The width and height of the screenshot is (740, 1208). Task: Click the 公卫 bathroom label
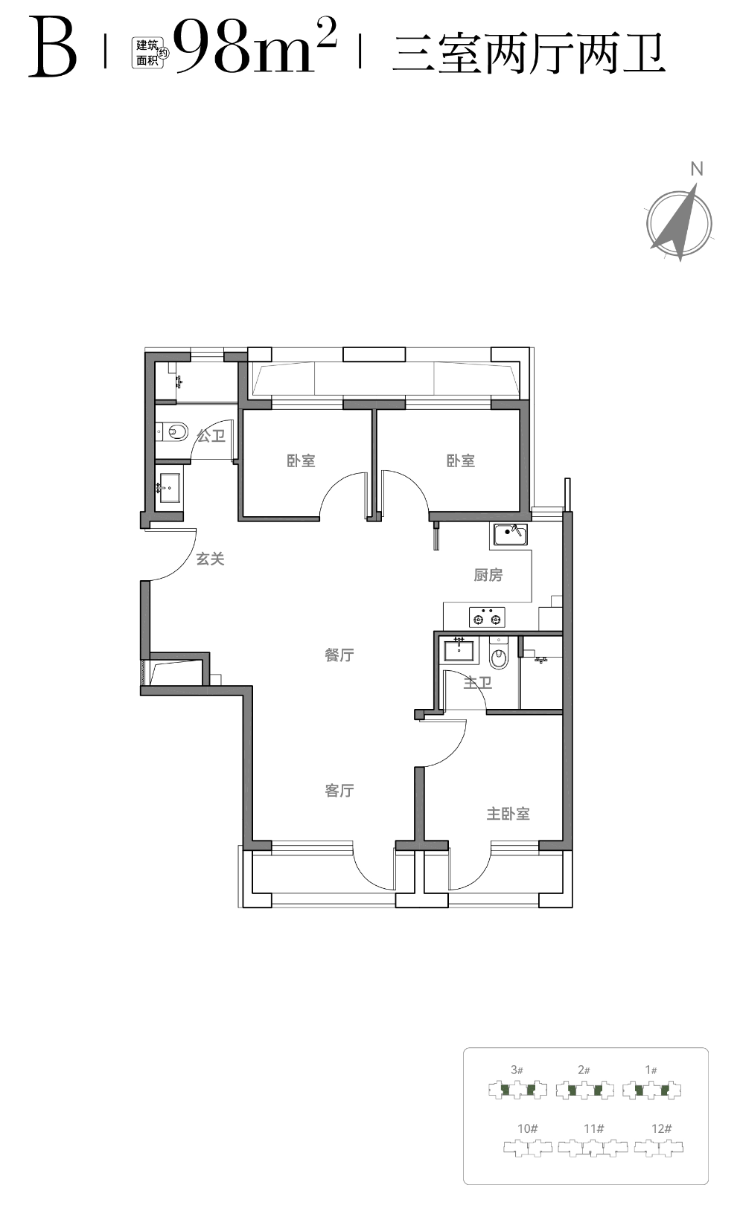pos(211,435)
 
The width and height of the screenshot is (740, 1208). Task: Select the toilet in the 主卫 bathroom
pos(498,653)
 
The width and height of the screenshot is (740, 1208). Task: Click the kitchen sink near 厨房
pos(508,534)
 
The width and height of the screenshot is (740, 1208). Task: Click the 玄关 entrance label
pos(210,559)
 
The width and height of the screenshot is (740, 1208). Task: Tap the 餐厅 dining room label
pos(339,655)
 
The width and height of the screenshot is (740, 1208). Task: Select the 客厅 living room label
pos(339,791)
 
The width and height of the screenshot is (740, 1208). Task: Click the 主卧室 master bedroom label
pos(508,814)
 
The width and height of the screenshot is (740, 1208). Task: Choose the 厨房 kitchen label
pos(488,576)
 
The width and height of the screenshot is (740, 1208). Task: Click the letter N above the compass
pos(697,170)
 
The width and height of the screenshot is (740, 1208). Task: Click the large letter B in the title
pos(53,48)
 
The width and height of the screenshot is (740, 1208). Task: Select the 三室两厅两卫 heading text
pos(529,53)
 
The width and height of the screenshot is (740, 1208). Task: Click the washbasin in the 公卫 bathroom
pos(169,488)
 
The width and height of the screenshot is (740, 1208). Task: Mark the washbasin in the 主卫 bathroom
pos(459,650)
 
